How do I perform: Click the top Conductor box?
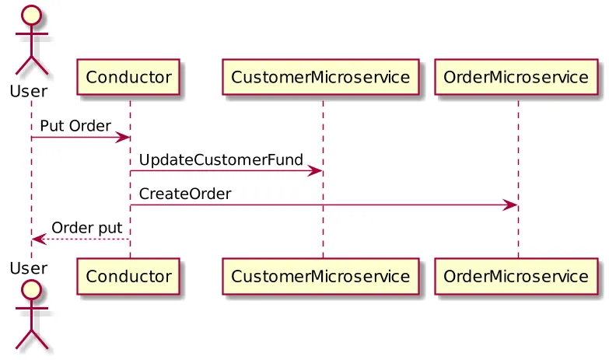pos(128,78)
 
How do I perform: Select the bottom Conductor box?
pos(128,276)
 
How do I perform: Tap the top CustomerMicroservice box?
pos(320,78)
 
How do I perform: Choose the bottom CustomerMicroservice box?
pos(320,276)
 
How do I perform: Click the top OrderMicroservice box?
pos(516,78)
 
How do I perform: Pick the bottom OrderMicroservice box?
pos(516,276)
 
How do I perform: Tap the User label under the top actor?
pos(29,92)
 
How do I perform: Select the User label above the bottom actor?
pos(29,267)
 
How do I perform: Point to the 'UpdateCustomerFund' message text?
pos(221,159)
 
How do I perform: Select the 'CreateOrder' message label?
pos(185,194)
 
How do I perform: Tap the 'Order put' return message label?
pos(86,227)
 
